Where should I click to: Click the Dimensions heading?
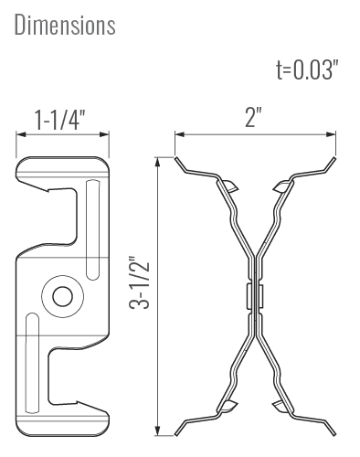coord(65,25)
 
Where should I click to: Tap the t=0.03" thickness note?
coord(307,70)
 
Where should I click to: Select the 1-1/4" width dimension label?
coord(59,120)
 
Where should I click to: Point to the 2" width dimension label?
coord(253,117)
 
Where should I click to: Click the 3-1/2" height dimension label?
coord(140,281)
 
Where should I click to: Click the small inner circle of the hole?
coord(63,296)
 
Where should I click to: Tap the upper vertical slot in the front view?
coord(92,230)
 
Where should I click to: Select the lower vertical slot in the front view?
coord(32,363)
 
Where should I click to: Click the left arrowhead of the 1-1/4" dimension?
coord(20,134)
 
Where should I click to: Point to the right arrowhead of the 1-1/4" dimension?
coord(104,134)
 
